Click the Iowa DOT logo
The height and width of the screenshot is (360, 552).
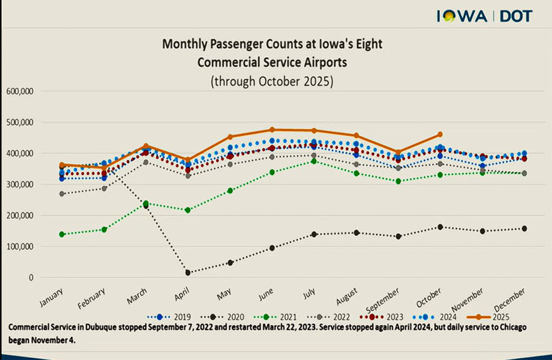[x=484, y=16]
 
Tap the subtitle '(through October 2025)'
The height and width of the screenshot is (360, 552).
[x=272, y=81]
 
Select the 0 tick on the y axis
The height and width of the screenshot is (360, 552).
[x=31, y=278]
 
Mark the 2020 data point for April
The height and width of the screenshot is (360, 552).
[x=188, y=273]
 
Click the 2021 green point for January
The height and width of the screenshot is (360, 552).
[x=62, y=234]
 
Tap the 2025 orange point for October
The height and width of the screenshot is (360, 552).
[x=440, y=135]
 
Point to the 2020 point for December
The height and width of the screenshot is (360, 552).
[x=525, y=229]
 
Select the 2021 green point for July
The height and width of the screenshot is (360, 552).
[x=314, y=161]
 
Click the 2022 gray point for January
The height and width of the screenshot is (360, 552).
[x=62, y=194]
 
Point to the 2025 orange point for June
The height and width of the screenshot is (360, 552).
[x=272, y=130]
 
